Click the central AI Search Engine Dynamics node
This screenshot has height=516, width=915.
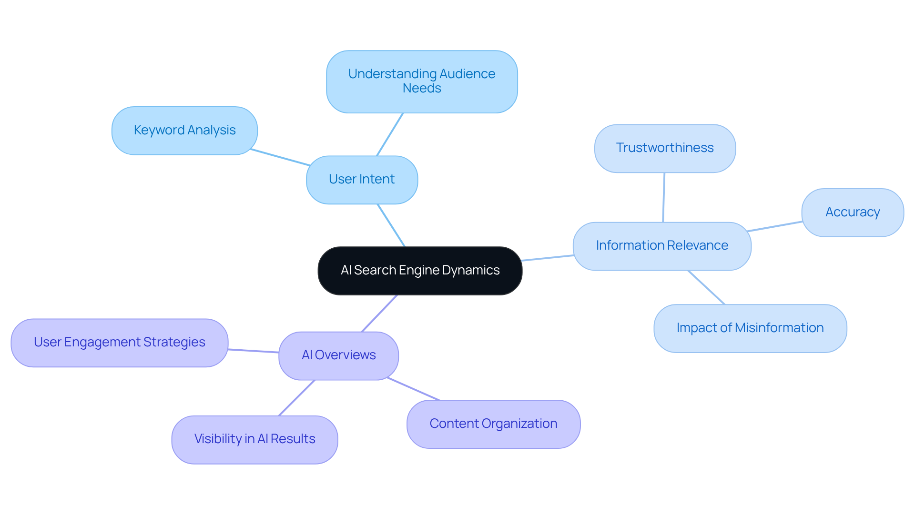pyautogui.click(x=420, y=271)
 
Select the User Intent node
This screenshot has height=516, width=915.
pyautogui.click(x=362, y=180)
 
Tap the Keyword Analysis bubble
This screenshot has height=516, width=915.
pyautogui.click(x=184, y=131)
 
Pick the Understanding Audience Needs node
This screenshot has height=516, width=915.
pyautogui.click(x=422, y=81)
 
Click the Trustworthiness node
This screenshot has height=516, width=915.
pyautogui.click(x=665, y=148)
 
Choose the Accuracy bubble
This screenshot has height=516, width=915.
pyautogui.click(x=853, y=212)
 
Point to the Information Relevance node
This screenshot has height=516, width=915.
pyautogui.click(x=662, y=246)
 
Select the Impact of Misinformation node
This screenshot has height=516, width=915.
pyautogui.click(x=750, y=328)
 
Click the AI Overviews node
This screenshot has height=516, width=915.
pyautogui.click(x=338, y=355)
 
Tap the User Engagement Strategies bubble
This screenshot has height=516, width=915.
pyautogui.click(x=119, y=343)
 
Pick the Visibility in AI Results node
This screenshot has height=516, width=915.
pyautogui.click(x=254, y=439)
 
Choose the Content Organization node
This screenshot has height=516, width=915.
pyautogui.click(x=493, y=424)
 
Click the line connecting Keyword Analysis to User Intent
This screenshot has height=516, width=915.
pyautogui.click(x=280, y=157)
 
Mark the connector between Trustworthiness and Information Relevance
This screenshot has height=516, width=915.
pyautogui.click(x=663, y=197)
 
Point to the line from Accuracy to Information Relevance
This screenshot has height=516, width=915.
pyautogui.click(x=775, y=226)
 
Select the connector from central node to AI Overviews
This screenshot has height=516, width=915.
pyautogui.click(x=379, y=314)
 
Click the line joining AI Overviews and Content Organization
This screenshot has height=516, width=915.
pyautogui.click(x=413, y=389)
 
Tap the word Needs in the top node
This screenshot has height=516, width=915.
pyautogui.click(x=422, y=89)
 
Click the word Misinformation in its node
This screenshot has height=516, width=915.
pyautogui.click(x=779, y=328)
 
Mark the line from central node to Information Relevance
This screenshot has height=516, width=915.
pyautogui.click(x=548, y=258)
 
